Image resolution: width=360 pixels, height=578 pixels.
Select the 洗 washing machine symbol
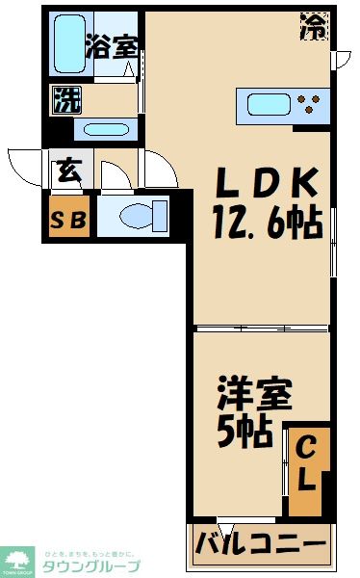pos(65,99)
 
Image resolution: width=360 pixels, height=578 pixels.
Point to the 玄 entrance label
pos(67,173)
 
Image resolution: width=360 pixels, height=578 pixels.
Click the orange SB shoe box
pos(68,219)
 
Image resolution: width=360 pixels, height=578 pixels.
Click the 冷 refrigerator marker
pos(314,24)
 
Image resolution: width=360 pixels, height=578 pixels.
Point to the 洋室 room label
pos(251,399)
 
